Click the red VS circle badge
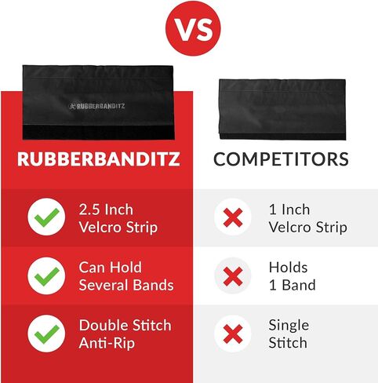pos(193,28)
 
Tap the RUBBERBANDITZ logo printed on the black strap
pos(97,106)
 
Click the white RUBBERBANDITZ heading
pos(99,159)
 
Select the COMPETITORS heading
pos(281,159)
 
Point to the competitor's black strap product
pos(282,109)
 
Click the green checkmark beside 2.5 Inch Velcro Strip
pos(47,217)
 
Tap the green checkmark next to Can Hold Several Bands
pos(47,275)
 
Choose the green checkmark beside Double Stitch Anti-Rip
pos(47,334)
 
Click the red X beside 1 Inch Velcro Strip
pos(233,217)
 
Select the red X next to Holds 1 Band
pos(233,276)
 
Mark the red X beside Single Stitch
pos(233,334)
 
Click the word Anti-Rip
pos(107,343)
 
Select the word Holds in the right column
pos(288,268)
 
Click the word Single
pos(289,326)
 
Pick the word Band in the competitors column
pos(299,285)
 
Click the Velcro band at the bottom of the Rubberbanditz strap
pos(98,132)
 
